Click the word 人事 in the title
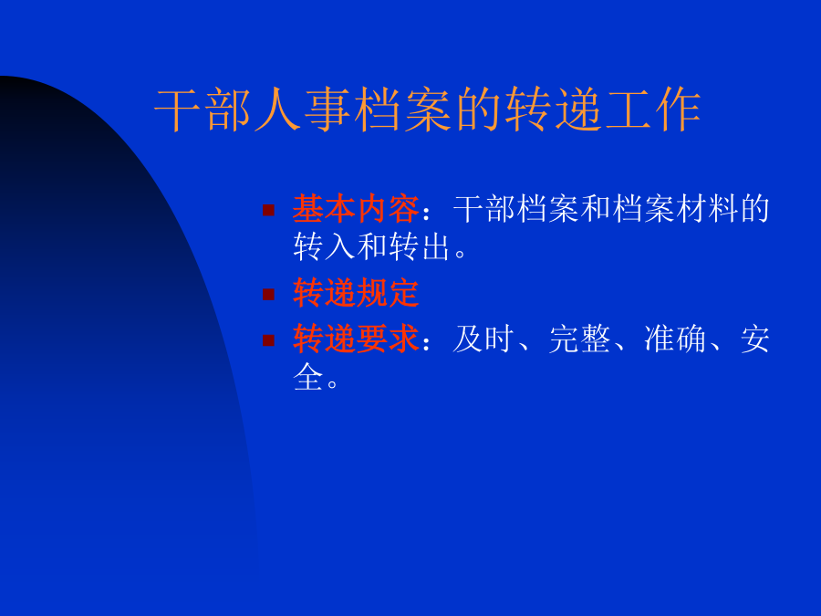pyautogui.click(x=302, y=110)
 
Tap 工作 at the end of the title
pyautogui.click(x=653, y=110)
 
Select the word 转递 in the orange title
pyautogui.click(x=553, y=110)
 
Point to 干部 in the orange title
pyautogui.click(x=203, y=110)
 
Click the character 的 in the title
pyautogui.click(x=478, y=110)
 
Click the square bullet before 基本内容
pyautogui.click(x=268, y=210)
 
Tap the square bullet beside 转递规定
pyautogui.click(x=268, y=295)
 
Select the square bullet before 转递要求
pyautogui.click(x=268, y=340)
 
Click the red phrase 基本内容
pyautogui.click(x=356, y=208)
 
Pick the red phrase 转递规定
pyautogui.click(x=356, y=292)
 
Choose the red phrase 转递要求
pyautogui.click(x=356, y=339)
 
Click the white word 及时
pyautogui.click(x=483, y=339)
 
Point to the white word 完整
pyautogui.click(x=579, y=339)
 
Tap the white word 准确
pyautogui.click(x=675, y=339)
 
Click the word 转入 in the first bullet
pyautogui.click(x=324, y=246)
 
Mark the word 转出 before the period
pyautogui.click(x=419, y=246)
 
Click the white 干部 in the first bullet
pyautogui.click(x=483, y=208)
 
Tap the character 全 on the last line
pyautogui.click(x=308, y=377)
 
